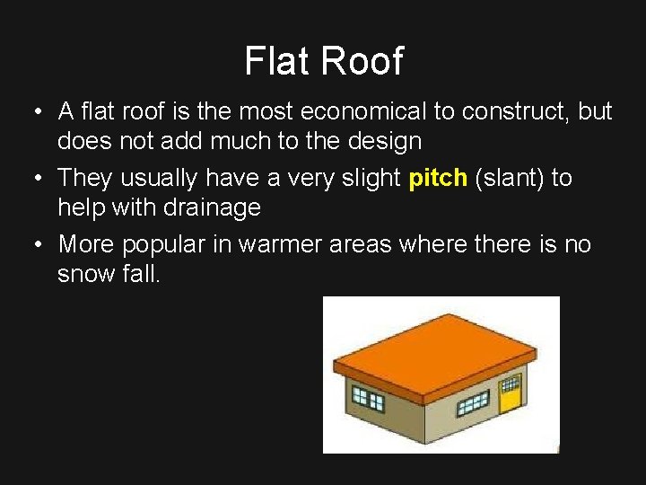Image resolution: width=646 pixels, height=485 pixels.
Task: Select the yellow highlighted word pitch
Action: point(438,178)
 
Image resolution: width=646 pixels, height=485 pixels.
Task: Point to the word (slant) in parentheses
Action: point(510,178)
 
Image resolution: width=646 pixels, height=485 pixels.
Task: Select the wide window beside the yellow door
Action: point(472,403)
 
